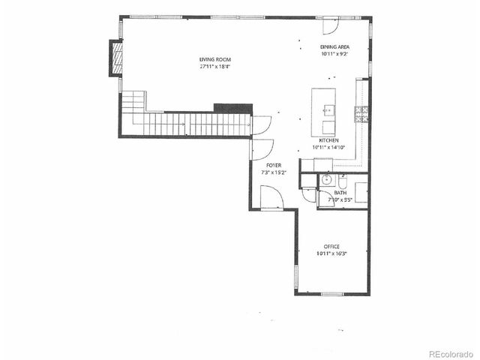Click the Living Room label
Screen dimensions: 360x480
[x=214, y=59]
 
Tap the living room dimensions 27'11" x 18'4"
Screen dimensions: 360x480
[x=214, y=66]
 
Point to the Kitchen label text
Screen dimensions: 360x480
[x=329, y=141]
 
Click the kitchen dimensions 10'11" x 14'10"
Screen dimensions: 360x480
[x=329, y=148]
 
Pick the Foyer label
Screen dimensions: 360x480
[x=274, y=166]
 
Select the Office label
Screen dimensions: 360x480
[x=331, y=247]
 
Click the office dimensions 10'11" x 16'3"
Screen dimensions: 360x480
[x=331, y=254]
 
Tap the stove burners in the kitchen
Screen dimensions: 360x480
[x=361, y=115]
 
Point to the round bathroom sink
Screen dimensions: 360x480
[x=326, y=181]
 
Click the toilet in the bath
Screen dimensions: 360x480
[x=342, y=182]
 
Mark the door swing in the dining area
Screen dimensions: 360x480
[x=328, y=25]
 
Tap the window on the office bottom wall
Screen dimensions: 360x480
[x=331, y=294]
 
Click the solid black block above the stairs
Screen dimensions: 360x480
[x=228, y=108]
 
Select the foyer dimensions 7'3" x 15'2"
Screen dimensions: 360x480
[x=274, y=172]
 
